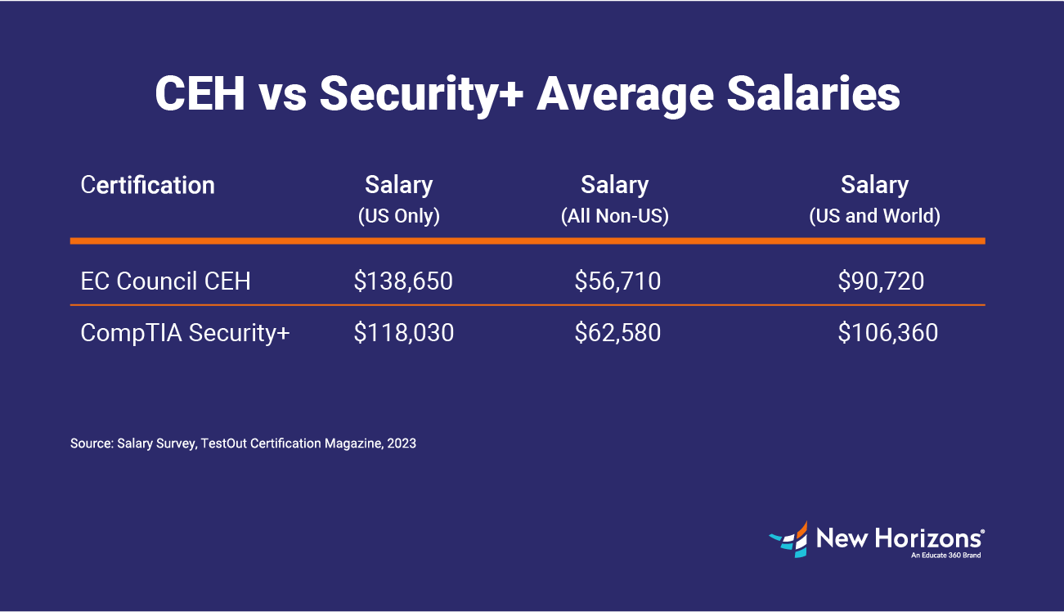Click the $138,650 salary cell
[403, 281]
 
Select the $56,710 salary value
[617, 281]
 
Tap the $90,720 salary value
[881, 281]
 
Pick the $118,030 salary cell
[403, 333]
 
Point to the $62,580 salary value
[617, 333]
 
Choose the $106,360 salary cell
[887, 333]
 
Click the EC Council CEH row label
[165, 281]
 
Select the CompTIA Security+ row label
[185, 333]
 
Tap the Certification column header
[148, 185]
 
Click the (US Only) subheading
[399, 217]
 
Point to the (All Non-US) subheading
[614, 217]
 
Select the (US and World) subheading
[874, 217]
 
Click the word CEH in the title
[200, 95]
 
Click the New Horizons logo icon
[788, 538]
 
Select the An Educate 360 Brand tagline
[945, 556]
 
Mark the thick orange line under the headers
[528, 241]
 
